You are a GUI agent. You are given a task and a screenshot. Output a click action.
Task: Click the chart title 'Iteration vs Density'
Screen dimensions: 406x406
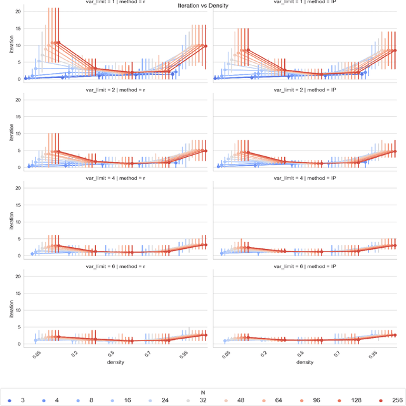tap(203, 5)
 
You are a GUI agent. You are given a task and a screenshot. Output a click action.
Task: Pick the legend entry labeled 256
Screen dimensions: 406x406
tap(393, 401)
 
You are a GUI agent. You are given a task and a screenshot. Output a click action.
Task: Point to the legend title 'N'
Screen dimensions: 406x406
tap(203, 393)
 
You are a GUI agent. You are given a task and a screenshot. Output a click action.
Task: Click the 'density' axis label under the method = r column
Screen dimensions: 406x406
tap(115, 362)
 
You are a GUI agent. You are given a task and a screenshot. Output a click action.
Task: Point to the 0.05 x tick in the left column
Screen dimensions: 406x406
tap(36, 352)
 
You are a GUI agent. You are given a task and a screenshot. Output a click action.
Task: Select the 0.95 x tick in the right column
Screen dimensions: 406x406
tap(374, 352)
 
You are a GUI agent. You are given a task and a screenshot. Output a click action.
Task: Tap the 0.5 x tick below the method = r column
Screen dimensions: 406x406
tap(112, 352)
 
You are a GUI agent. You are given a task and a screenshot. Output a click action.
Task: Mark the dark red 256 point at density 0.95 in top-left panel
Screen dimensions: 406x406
tap(204, 46)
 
